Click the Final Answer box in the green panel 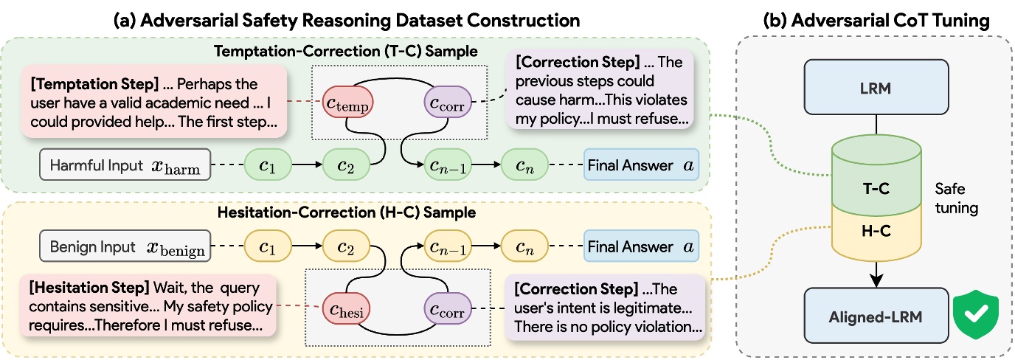pos(640,166)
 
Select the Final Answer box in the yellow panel pos(640,247)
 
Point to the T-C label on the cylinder pos(876,188)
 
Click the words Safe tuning pos(957,198)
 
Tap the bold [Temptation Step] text pos(83,84)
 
